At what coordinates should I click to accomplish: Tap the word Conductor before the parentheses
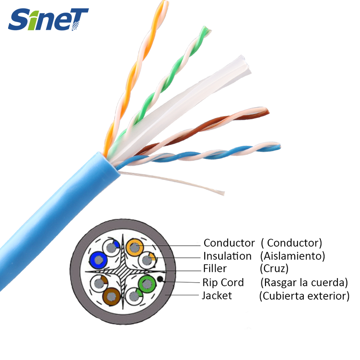pos(229,243)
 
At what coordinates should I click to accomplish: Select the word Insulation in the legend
pos(227,256)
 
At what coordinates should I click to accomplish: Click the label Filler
pos(215,269)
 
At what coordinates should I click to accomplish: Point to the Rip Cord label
pos(223,283)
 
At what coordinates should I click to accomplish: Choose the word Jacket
pos(217,296)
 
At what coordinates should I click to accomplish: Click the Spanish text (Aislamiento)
pos(292,256)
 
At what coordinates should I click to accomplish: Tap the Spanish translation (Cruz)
pos(274,269)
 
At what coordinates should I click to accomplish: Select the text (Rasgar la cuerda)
pos(304,283)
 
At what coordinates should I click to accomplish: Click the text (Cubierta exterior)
pos(304,296)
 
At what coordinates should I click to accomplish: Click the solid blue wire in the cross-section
pos(98,260)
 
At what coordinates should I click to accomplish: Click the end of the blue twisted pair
pos(278,146)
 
